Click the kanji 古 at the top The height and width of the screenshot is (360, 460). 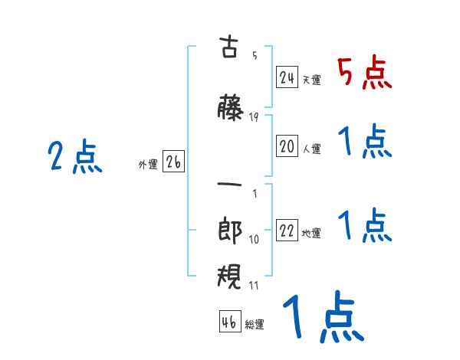click(x=229, y=48)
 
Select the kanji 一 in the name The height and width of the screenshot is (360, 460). click(x=229, y=185)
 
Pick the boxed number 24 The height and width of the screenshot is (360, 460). click(x=287, y=77)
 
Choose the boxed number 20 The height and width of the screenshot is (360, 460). click(x=287, y=148)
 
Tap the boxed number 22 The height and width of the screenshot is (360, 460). click(x=287, y=232)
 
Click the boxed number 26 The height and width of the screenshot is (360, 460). click(x=174, y=162)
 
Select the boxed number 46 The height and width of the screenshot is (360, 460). click(x=229, y=322)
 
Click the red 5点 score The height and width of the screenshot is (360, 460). click(x=364, y=74)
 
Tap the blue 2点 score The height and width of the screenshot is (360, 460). click(x=75, y=158)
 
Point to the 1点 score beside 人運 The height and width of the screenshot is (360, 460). click(x=364, y=142)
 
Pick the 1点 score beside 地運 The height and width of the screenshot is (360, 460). click(x=364, y=227)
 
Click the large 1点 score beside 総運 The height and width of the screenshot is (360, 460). click(x=322, y=318)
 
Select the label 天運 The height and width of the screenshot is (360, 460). click(x=311, y=80)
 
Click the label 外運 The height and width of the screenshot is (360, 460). click(x=148, y=164)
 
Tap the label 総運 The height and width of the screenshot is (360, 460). click(x=255, y=325)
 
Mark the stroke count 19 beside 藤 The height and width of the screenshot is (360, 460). click(x=254, y=117)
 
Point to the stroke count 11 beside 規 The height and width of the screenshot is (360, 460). click(x=254, y=285)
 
